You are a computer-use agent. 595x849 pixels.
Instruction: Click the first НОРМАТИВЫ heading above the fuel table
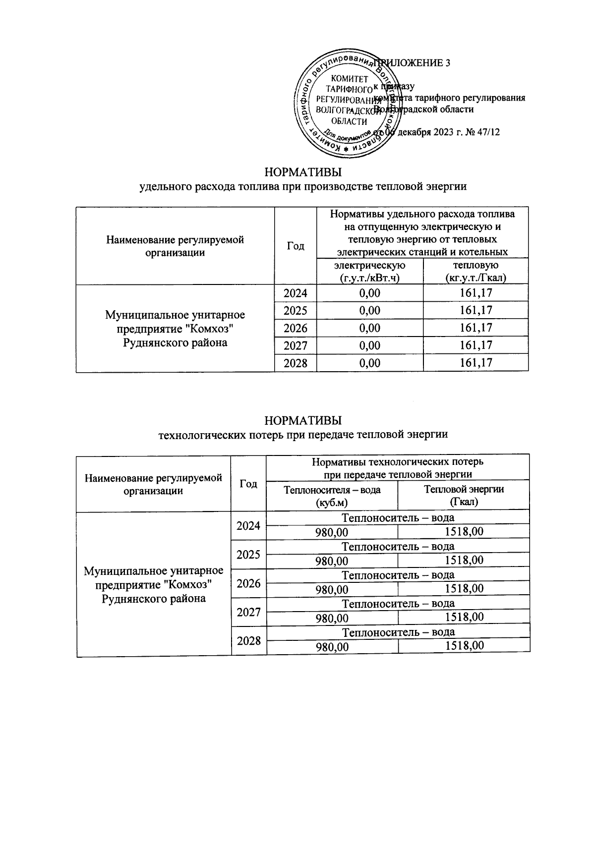click(x=303, y=172)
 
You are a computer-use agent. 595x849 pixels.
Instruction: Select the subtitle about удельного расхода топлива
click(x=303, y=187)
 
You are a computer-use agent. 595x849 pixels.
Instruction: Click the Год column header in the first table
click(x=296, y=246)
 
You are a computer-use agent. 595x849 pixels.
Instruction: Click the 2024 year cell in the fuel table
click(x=296, y=293)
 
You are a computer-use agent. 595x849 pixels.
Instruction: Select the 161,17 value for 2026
click(x=476, y=328)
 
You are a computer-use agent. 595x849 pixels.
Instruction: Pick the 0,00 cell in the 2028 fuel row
click(x=369, y=363)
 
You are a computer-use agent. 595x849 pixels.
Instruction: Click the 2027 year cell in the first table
click(x=296, y=345)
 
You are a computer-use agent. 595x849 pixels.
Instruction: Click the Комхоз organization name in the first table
click(x=175, y=329)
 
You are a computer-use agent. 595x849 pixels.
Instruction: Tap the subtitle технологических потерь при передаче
click(x=303, y=435)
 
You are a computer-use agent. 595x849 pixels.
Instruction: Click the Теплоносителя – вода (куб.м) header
click(x=332, y=496)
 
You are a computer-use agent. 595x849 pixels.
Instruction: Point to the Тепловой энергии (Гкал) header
click(x=464, y=496)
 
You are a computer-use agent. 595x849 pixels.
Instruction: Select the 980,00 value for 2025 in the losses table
click(x=332, y=561)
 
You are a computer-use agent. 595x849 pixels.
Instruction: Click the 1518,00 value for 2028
click(x=464, y=646)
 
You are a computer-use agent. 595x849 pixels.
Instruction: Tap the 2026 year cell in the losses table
click(x=248, y=583)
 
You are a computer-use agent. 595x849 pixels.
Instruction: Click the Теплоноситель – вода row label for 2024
click(x=398, y=518)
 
